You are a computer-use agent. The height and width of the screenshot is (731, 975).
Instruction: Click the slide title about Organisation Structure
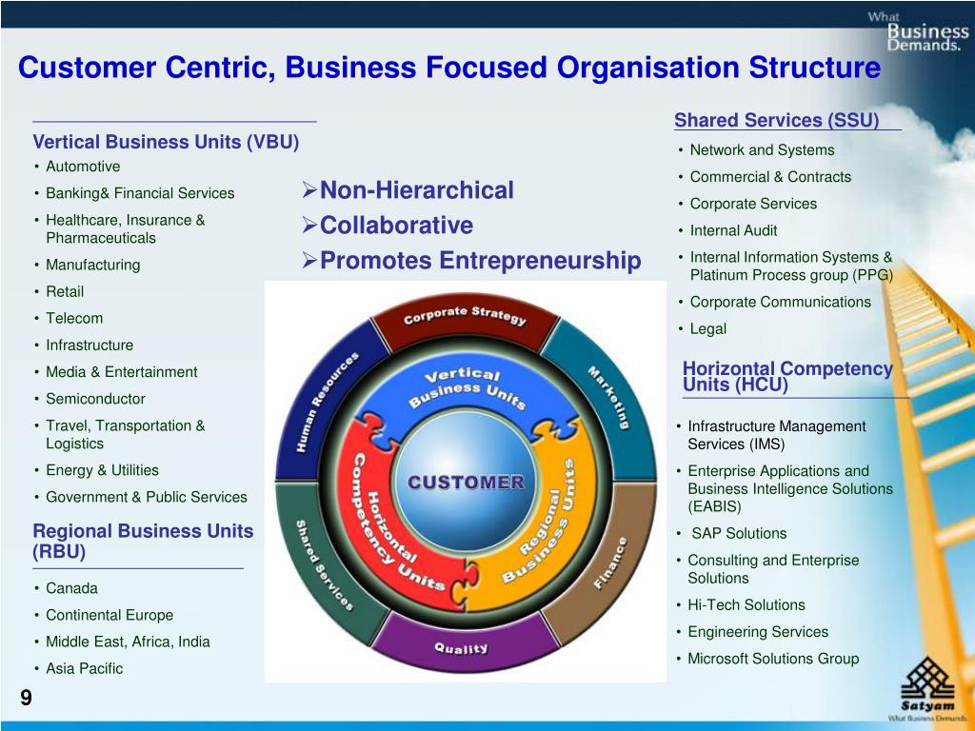449,69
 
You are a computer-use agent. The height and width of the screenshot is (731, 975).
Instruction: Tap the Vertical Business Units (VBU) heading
166,143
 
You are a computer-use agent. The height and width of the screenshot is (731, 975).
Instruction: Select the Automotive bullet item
83,167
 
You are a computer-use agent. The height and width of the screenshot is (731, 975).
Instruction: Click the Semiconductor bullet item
95,399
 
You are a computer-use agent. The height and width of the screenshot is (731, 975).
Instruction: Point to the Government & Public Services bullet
146,497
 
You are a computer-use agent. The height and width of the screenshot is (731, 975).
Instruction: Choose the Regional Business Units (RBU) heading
143,541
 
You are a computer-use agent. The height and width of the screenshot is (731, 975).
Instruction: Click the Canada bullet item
71,588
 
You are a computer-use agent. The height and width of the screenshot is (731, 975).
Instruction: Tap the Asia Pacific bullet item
84,668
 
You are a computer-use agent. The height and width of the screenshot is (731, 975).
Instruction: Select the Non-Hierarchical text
416,190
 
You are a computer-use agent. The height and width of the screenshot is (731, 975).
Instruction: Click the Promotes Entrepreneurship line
480,261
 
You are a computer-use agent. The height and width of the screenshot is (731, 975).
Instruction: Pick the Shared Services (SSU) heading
776,121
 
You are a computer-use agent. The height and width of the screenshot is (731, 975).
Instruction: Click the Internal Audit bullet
733,230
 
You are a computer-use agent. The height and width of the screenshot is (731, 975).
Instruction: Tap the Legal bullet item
707,329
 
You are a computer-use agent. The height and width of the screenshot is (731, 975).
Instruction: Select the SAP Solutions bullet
739,533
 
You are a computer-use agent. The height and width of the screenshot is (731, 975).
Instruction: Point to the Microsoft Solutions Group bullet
773,659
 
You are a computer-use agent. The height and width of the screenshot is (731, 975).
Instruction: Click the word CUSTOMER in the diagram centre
466,482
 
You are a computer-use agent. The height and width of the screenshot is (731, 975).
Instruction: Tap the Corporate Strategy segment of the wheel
465,318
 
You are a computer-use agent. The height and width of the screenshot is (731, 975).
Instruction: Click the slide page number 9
26,699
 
